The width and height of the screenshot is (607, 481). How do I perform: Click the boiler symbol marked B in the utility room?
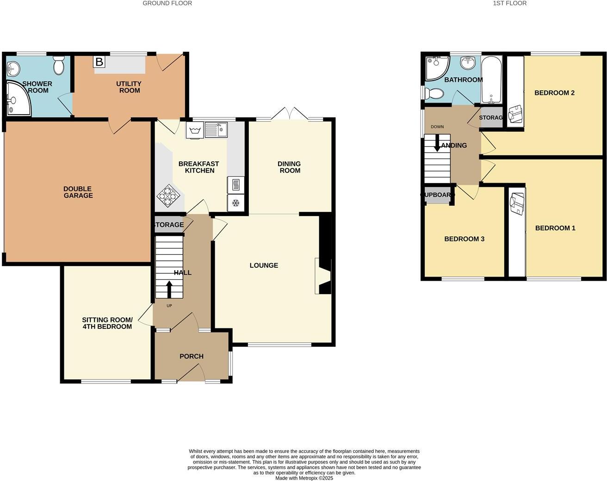point(99,62)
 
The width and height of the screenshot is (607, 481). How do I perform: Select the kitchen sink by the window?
point(217,129)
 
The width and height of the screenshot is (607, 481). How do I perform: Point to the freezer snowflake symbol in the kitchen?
point(235,203)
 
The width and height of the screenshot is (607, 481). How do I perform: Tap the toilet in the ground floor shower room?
point(59,66)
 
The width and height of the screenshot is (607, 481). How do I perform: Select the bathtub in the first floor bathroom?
point(491,80)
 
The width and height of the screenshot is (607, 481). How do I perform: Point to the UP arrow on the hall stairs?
point(168,290)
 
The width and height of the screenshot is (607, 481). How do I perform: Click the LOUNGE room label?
point(264,265)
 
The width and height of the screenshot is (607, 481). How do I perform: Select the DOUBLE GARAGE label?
point(78,192)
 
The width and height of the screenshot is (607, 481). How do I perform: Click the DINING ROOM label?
point(289,167)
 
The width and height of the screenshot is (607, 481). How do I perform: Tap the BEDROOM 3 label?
point(464,239)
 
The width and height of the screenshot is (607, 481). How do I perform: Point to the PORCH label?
point(191,356)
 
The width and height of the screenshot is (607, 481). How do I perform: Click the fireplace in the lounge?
point(323,276)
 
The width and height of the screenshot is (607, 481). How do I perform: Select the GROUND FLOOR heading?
point(167,3)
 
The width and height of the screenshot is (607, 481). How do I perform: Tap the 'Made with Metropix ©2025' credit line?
point(304,478)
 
